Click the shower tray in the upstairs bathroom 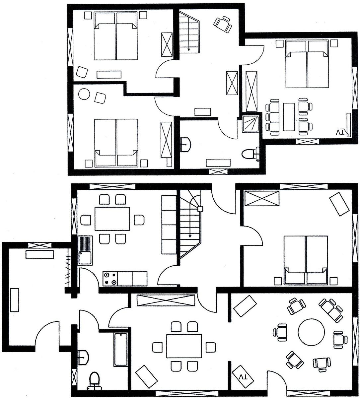point(251,124)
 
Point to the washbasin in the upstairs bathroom point(185,145)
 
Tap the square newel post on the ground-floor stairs point(200,209)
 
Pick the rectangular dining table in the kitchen point(112,219)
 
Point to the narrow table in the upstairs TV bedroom point(289,117)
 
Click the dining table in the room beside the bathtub point(184,346)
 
